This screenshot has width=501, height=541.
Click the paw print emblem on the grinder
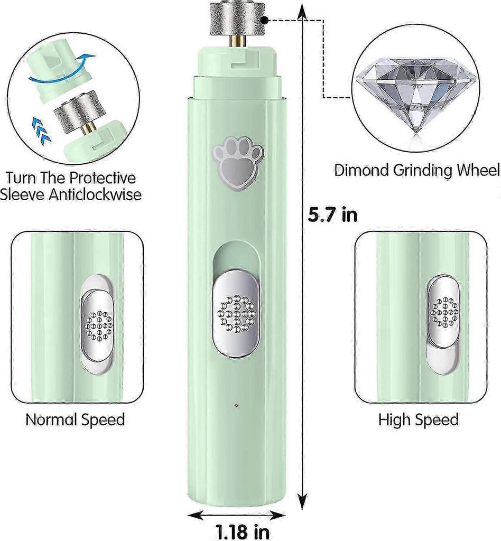click(x=238, y=163)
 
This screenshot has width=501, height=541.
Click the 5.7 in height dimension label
click(x=332, y=214)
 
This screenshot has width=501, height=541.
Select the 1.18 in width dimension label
click(x=243, y=531)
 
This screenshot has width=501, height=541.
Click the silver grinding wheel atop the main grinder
click(x=237, y=18)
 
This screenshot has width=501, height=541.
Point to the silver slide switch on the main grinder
click(x=236, y=313)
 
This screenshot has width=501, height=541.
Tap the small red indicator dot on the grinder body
click(x=236, y=405)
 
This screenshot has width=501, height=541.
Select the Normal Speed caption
click(x=75, y=419)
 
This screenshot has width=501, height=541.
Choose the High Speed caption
click(x=419, y=419)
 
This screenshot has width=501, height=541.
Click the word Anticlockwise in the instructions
click(x=95, y=194)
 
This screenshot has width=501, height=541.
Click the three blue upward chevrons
click(x=41, y=130)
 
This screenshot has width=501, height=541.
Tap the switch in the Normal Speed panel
click(x=98, y=325)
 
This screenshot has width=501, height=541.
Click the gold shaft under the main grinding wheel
click(x=237, y=41)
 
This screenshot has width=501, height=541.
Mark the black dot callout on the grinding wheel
click(x=264, y=21)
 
